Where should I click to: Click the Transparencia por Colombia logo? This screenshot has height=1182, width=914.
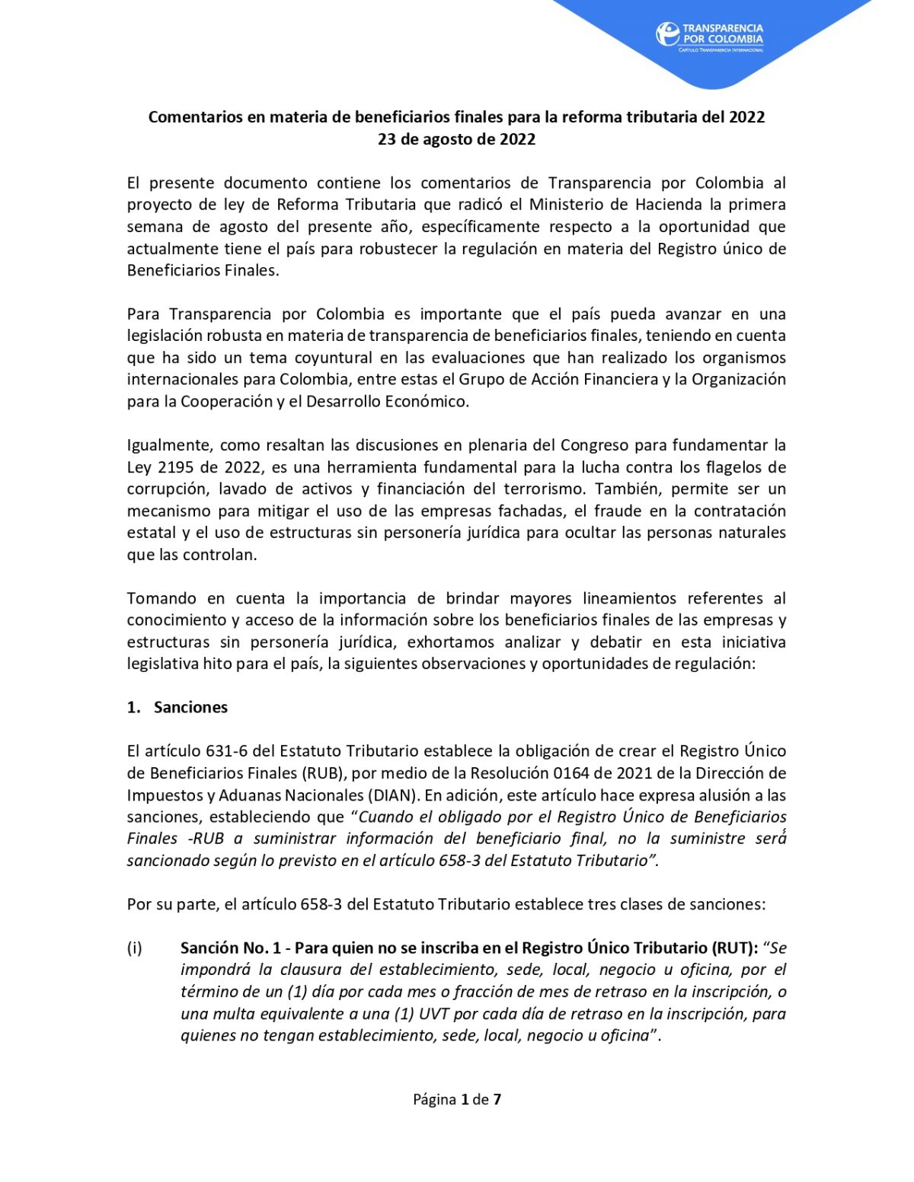coord(709,36)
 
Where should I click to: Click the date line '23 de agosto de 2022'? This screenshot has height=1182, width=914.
coord(456,139)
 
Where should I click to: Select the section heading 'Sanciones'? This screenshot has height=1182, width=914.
coord(190,707)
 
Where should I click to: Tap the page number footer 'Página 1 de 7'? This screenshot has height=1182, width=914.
coord(456,1099)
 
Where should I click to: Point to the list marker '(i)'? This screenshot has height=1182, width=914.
coord(135,948)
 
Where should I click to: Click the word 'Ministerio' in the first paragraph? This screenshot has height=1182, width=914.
coord(567,204)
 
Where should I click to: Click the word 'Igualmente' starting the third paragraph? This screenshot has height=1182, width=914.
coord(168,444)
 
